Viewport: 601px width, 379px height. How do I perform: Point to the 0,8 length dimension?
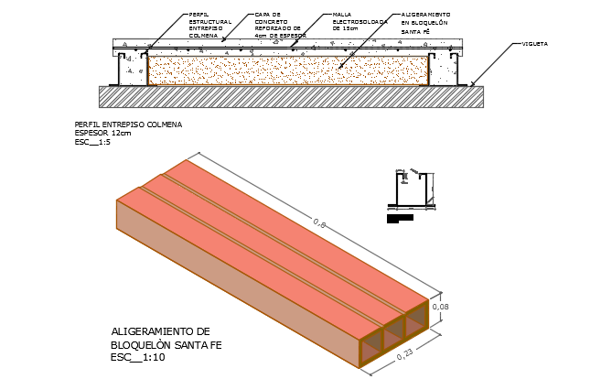[320, 222]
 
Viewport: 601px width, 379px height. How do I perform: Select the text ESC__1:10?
[139, 357]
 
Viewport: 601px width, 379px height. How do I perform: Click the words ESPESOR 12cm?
[102, 133]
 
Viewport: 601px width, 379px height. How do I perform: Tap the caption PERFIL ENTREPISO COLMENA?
[127, 124]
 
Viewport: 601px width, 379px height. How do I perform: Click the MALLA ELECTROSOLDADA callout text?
[349, 23]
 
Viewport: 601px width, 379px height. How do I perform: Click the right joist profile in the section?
[445, 68]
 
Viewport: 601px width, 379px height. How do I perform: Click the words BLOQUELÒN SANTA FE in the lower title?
[166, 344]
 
